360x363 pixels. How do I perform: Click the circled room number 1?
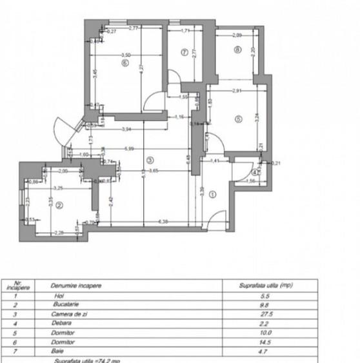pos(215,191)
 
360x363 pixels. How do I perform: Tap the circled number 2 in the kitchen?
pos(59,206)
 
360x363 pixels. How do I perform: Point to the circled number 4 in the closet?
pos(255,172)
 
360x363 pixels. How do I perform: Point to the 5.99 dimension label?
pos(149,149)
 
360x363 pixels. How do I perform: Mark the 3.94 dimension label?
pos(127,129)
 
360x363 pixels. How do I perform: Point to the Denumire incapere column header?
pos(75,284)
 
